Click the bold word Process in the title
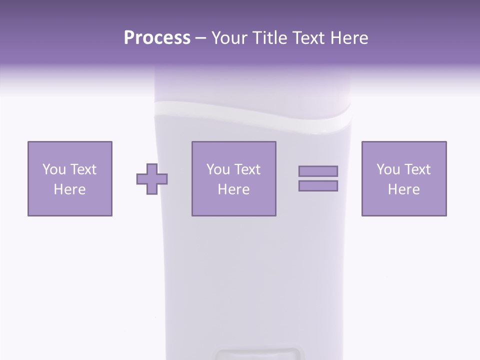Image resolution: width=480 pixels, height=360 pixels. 157,38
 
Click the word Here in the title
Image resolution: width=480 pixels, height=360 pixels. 350,38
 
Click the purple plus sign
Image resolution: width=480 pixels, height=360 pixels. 152,179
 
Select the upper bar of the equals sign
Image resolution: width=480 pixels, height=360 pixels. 318,171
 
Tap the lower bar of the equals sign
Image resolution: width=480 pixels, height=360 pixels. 318,185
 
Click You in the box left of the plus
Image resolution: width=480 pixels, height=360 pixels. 53,169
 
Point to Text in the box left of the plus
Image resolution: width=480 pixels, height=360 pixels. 82,169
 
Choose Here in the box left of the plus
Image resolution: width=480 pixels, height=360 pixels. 69,189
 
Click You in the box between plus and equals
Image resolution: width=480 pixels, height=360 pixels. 217,169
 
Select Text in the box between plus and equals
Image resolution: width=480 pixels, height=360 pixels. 247,169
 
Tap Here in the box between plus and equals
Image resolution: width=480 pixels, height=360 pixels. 233,189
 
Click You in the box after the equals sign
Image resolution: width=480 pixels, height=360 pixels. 387,169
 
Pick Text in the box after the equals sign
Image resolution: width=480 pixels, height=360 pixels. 417,169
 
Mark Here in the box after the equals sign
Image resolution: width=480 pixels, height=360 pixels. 403,189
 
